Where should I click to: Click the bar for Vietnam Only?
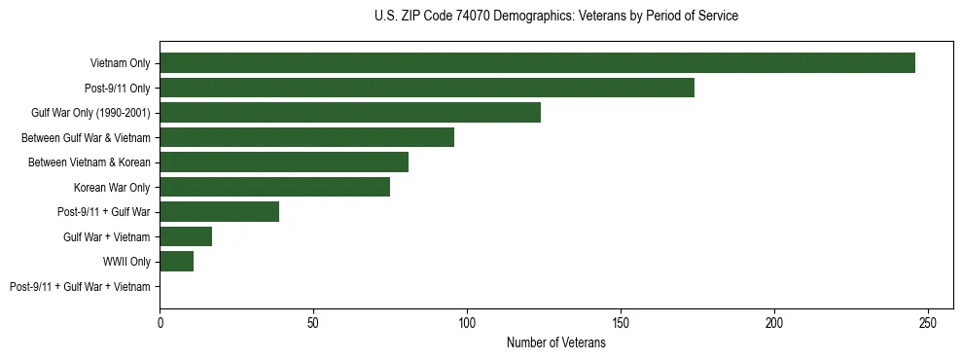(537, 63)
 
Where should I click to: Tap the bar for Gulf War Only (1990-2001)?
(350, 113)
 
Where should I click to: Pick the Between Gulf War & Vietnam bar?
(306, 137)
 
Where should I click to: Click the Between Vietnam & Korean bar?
(284, 162)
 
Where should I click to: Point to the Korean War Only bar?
(274, 187)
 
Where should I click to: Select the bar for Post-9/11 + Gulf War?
(219, 212)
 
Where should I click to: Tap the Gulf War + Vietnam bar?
(186, 236)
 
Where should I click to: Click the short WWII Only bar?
(176, 262)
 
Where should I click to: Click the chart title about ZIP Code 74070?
(555, 17)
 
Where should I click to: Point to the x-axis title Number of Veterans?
(555, 343)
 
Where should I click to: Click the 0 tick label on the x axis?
(160, 322)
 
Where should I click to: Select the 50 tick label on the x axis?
(313, 322)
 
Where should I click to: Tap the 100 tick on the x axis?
(467, 322)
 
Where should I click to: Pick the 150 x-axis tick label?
(621, 322)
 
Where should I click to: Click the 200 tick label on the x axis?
(774, 322)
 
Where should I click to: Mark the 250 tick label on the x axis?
(928, 322)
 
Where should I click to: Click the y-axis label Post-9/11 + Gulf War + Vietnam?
(80, 287)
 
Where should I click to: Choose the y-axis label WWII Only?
(126, 262)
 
